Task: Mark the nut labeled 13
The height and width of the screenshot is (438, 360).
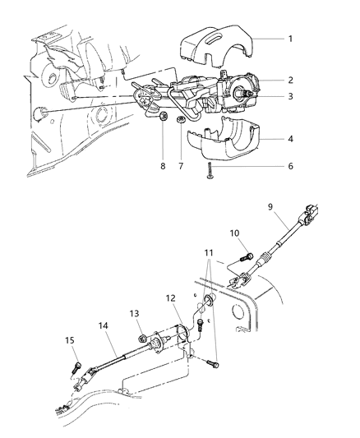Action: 142,337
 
